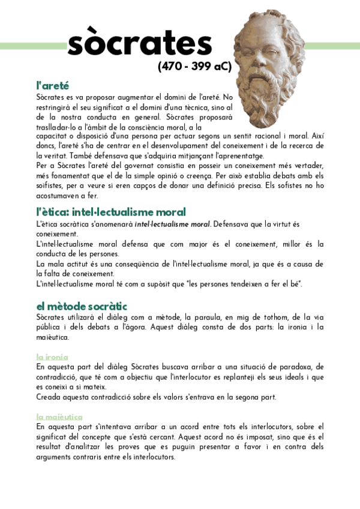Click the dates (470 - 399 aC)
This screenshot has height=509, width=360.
(194, 66)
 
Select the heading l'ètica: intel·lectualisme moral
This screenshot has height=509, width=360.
(111, 212)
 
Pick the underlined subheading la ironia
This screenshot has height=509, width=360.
(52, 356)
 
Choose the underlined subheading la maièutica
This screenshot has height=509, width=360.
(59, 417)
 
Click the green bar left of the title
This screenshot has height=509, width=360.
(33, 46)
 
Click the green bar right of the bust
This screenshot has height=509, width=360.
(333, 46)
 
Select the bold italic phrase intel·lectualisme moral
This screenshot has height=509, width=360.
(172, 224)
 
